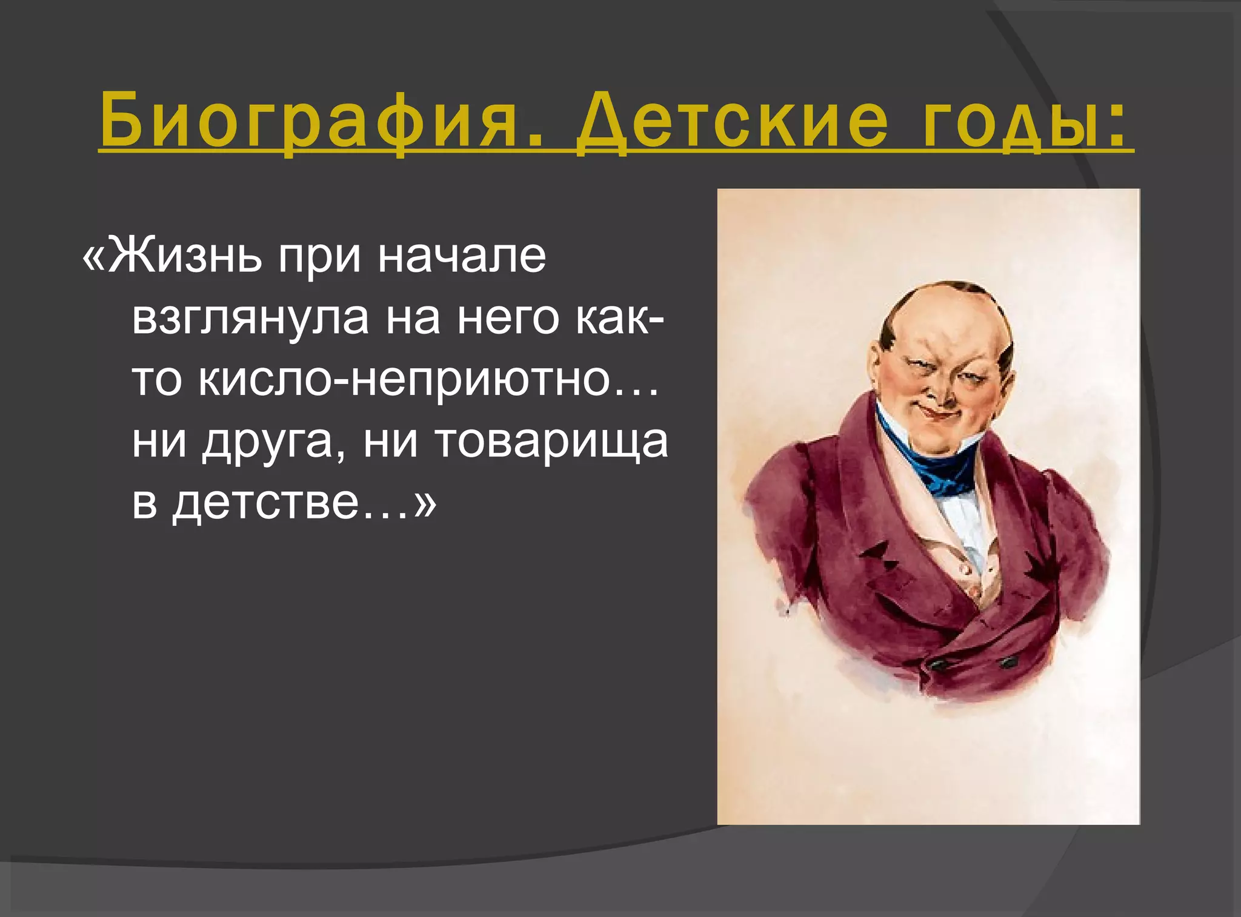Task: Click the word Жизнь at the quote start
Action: [x=185, y=256]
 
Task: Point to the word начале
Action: [x=462, y=256]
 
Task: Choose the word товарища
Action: [x=552, y=443]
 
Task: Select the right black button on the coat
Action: [x=1008, y=661]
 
